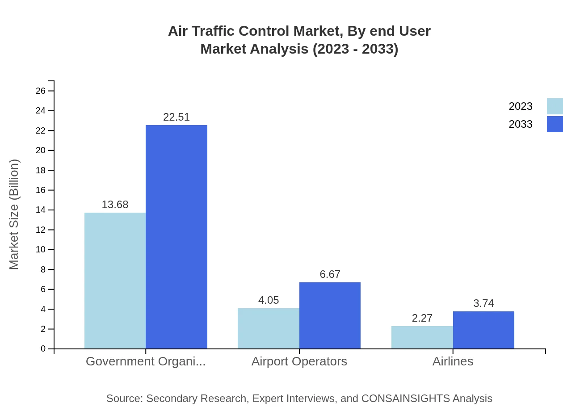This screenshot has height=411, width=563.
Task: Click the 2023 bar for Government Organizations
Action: (x=115, y=281)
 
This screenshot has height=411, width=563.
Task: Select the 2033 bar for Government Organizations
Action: (x=176, y=237)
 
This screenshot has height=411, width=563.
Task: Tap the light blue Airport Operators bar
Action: (x=268, y=328)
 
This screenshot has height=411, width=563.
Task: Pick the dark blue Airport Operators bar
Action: (x=330, y=315)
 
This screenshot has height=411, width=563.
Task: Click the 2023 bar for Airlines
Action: (x=422, y=337)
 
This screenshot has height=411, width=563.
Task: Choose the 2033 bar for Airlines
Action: (x=483, y=330)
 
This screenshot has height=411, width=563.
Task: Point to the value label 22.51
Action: (x=176, y=117)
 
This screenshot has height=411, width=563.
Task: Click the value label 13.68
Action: (x=115, y=205)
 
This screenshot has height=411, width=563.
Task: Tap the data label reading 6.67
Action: (x=330, y=274)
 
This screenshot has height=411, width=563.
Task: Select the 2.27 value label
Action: (x=422, y=318)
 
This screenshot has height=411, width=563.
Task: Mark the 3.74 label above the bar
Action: (x=483, y=303)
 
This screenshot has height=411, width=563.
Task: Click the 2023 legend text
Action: (x=521, y=106)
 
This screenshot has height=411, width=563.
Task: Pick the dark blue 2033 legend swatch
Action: (x=555, y=124)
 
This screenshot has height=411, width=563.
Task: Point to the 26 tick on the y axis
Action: (x=41, y=91)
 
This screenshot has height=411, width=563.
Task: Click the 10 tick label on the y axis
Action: (x=41, y=250)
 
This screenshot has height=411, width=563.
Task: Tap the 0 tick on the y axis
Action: (x=43, y=349)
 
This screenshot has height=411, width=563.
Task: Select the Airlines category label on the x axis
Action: (x=453, y=361)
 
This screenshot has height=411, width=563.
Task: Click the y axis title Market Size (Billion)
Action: (x=14, y=214)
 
